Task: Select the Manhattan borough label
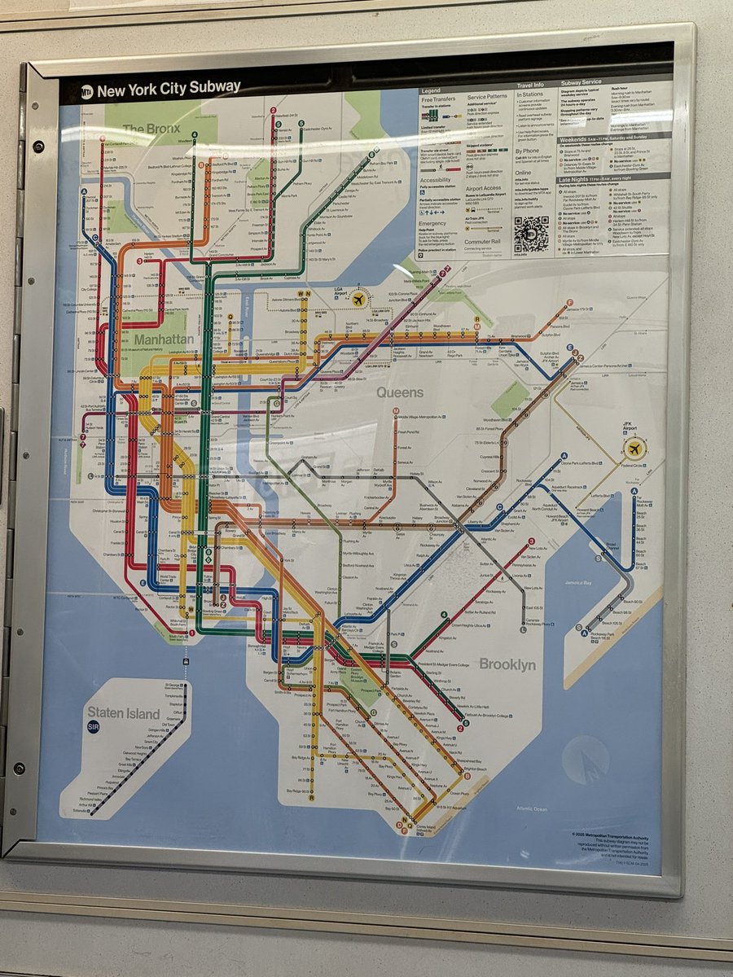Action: click(164, 338)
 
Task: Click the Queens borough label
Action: click(399, 392)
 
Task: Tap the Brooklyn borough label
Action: click(507, 664)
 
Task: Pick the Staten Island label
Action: click(125, 713)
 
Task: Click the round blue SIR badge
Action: click(94, 727)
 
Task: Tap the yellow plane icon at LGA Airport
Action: click(357, 300)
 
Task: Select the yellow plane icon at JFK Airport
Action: click(634, 447)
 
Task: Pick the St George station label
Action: click(172, 685)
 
